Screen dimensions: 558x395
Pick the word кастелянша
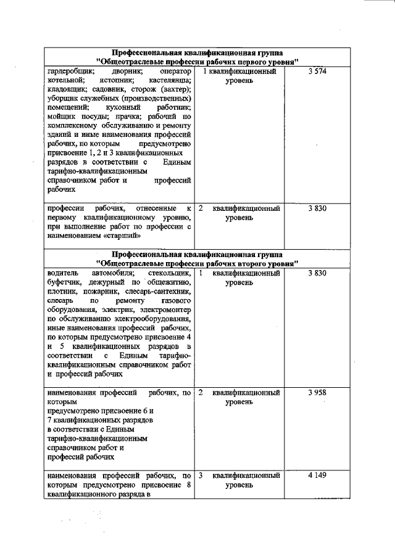(170, 81)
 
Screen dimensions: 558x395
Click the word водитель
(62, 273)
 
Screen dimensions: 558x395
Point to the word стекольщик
(170, 273)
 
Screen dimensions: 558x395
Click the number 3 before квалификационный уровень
(201, 476)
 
